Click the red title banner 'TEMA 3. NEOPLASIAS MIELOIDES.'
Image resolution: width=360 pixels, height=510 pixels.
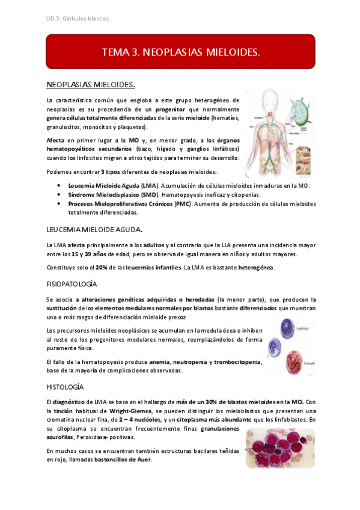pos(180,52)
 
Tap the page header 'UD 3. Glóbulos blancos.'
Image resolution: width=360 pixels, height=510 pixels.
pos(78,19)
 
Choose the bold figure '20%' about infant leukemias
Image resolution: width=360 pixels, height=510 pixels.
pos(100,268)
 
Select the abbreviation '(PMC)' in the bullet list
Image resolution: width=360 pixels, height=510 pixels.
pos(182,204)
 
